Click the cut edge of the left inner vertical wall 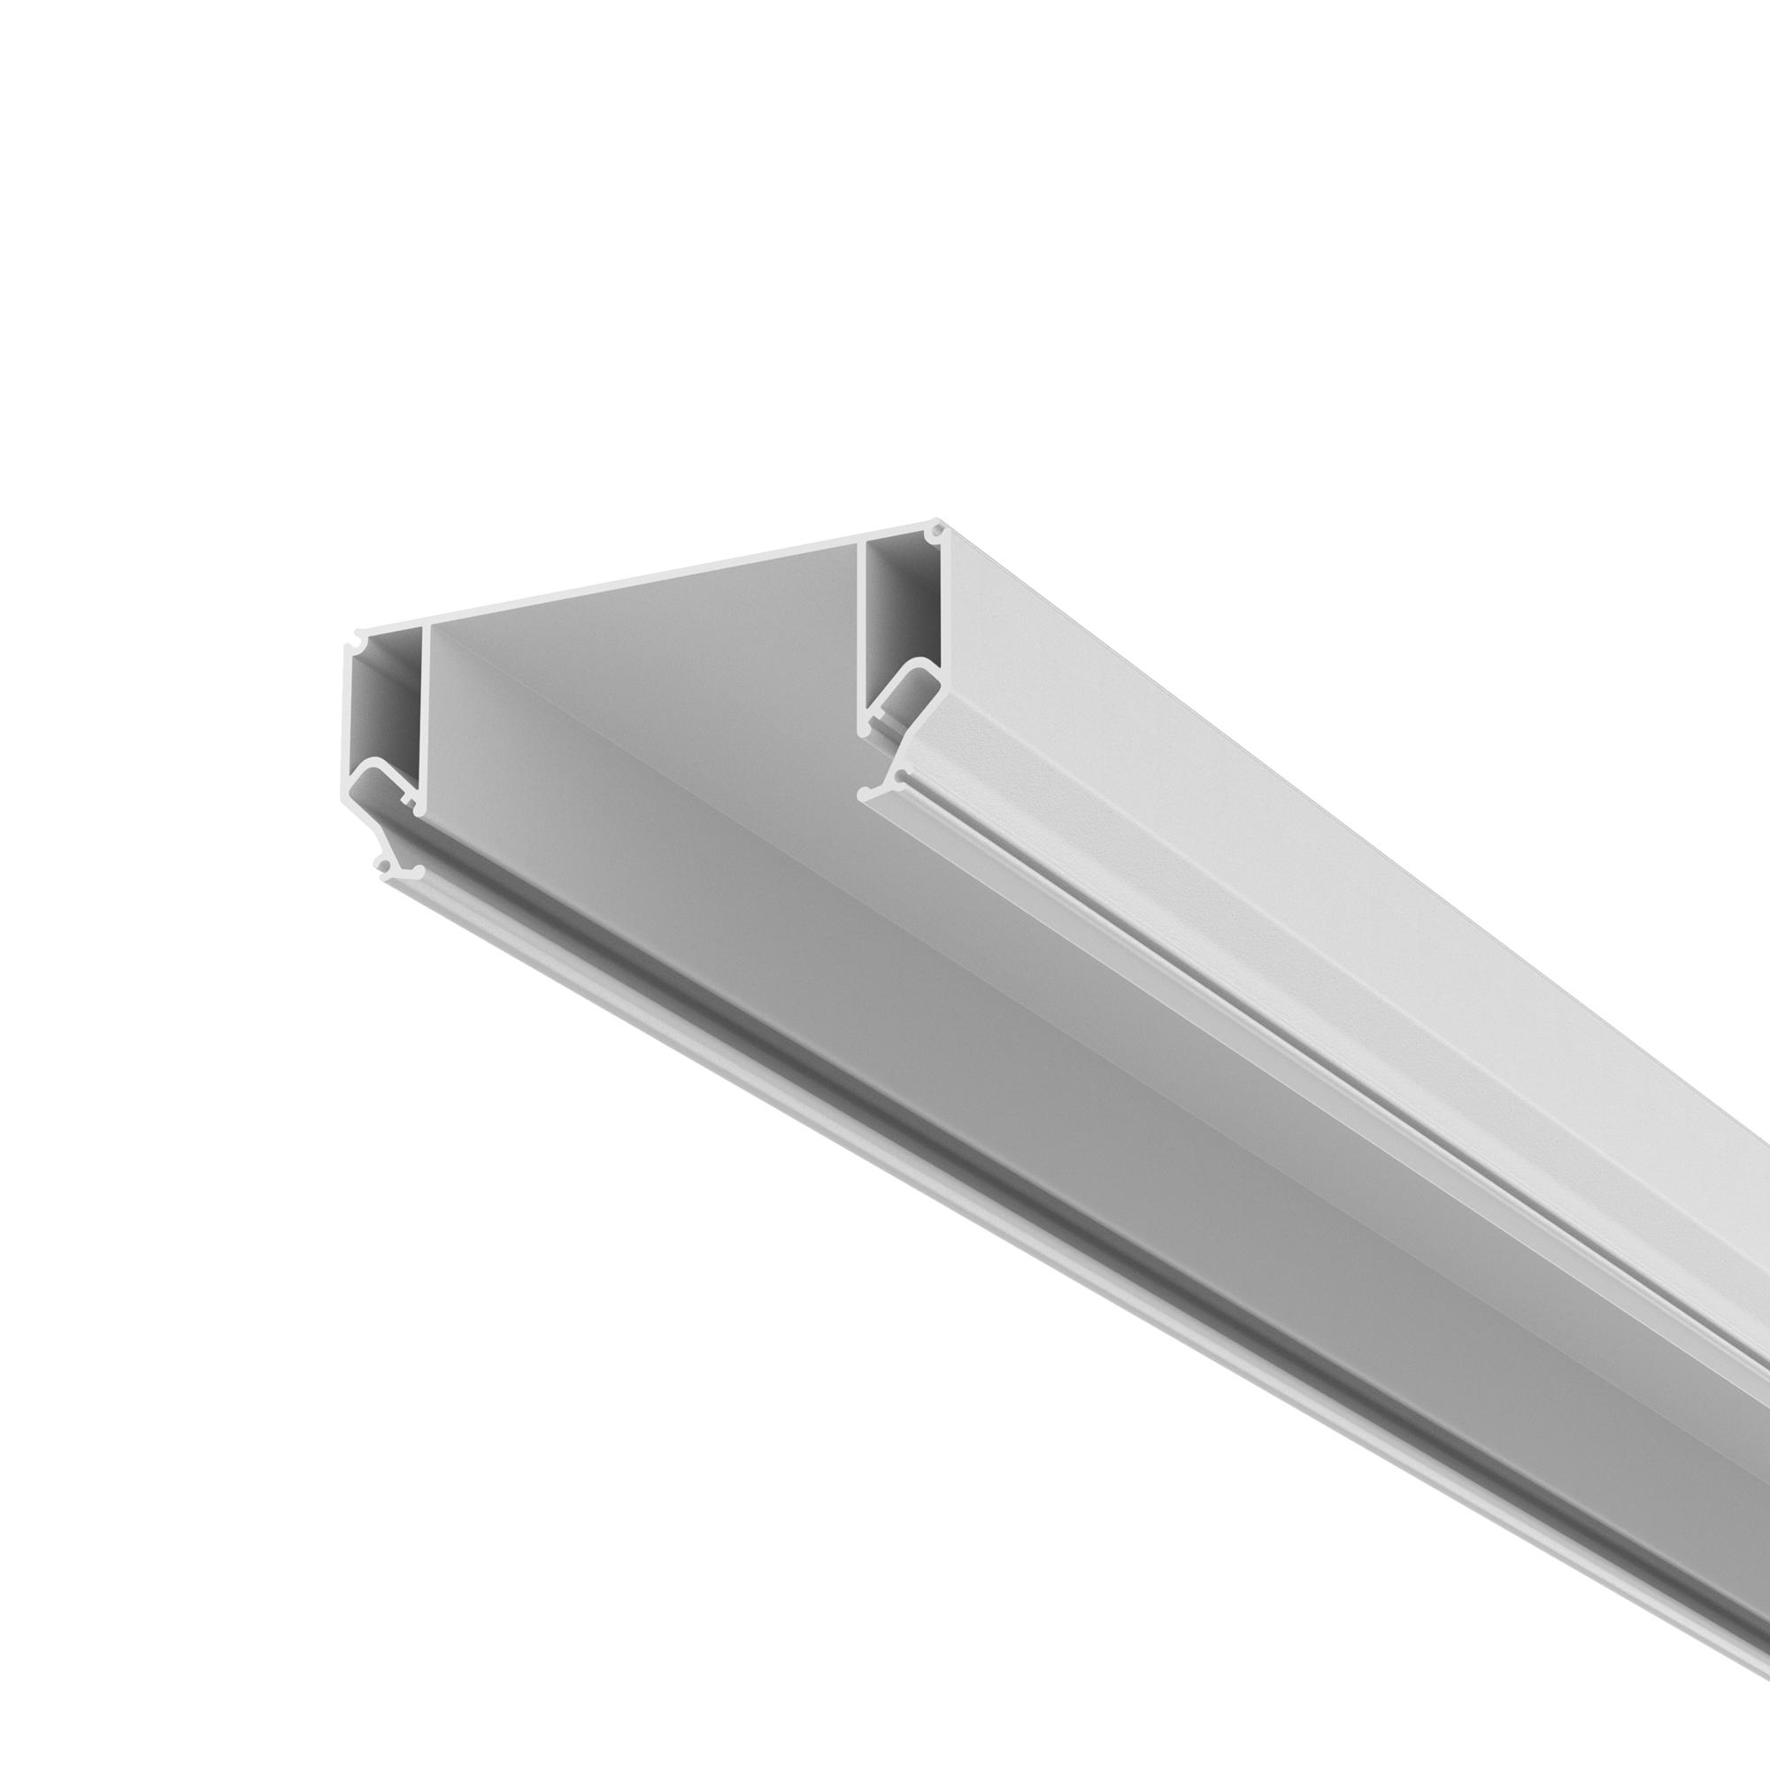(x=424, y=714)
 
